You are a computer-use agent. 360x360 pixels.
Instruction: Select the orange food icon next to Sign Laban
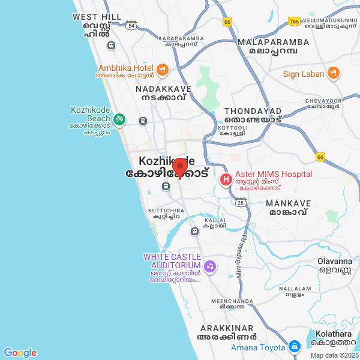(334, 74)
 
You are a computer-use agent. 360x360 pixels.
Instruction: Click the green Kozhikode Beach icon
(120, 120)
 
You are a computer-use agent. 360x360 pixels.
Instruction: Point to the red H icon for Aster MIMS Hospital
(226, 179)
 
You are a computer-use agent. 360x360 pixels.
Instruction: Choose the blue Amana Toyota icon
(294, 347)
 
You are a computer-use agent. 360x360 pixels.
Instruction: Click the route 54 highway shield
(131, 25)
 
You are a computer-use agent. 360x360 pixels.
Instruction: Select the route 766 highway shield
(294, 22)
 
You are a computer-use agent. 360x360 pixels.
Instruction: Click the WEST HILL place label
(97, 17)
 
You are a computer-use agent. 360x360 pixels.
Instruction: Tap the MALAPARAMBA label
(273, 42)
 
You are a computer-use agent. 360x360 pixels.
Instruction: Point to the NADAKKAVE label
(163, 89)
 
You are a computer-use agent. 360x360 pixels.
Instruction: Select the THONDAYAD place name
(253, 111)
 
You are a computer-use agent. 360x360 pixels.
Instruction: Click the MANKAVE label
(288, 203)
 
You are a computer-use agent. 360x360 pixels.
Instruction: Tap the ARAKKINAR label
(228, 328)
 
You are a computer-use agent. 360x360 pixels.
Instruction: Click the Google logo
(20, 353)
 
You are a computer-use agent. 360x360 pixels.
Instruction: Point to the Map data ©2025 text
(334, 355)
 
